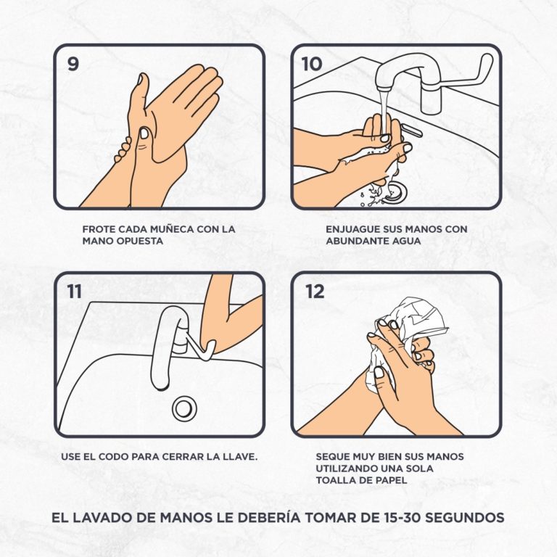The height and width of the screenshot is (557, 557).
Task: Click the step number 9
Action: tap(73, 64)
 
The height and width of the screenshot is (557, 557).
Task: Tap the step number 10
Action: tap(312, 64)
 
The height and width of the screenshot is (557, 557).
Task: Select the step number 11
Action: tap(74, 292)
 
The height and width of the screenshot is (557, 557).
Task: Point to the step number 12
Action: tap(315, 292)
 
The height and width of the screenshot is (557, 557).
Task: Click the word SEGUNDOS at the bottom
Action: tap(465, 517)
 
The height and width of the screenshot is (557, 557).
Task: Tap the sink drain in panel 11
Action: tap(184, 408)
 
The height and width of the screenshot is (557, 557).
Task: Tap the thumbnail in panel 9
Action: tap(144, 133)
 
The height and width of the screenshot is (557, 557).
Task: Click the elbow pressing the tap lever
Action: tap(210, 344)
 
